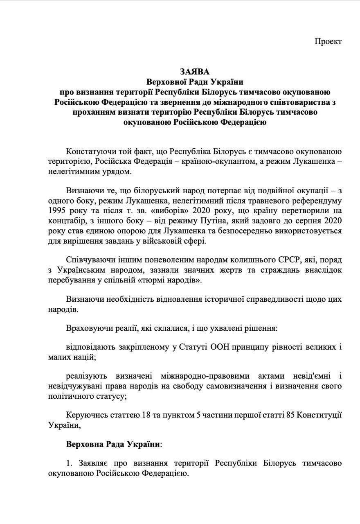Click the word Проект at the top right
(x=328, y=41)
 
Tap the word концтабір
(x=64, y=222)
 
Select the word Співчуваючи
(x=88, y=260)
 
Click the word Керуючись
(x=83, y=416)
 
